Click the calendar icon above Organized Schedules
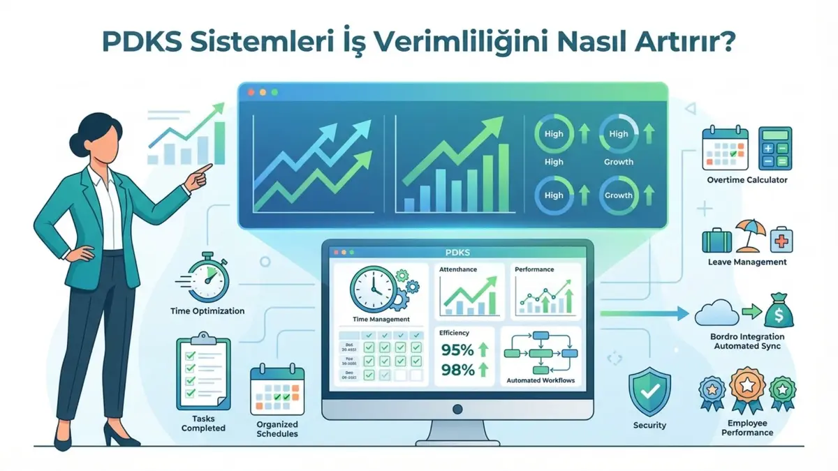pos(277,391)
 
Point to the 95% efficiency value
pos(458,350)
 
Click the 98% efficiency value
pos(458,370)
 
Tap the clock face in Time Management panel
pos(371,290)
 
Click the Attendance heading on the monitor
pos(460,269)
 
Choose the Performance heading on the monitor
pos(534,269)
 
